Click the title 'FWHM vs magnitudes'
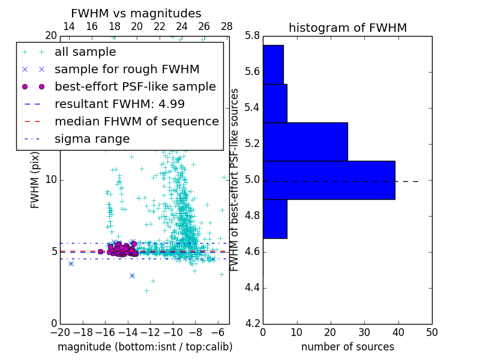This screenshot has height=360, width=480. [x=136, y=13]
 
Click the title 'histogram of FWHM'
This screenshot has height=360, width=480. [x=347, y=28]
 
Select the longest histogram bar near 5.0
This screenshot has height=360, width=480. [x=329, y=180]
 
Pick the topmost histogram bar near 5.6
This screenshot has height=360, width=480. [x=273, y=65]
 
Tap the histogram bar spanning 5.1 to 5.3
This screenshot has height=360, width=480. [x=305, y=142]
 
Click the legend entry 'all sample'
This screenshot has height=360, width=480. [x=85, y=52]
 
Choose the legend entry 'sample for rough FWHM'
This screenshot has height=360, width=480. [x=127, y=70]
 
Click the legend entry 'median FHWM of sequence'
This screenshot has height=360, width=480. [x=136, y=122]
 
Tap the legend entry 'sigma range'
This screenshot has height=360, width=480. [x=92, y=139]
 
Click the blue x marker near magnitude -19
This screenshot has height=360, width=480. [x=71, y=263]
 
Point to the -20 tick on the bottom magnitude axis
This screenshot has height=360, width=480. [x=60, y=332]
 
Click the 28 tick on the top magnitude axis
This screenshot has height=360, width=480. [x=227, y=27]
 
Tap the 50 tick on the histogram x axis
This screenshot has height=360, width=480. [x=431, y=332]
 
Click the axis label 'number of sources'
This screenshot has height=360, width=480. [x=347, y=347]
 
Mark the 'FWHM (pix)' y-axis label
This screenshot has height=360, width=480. [x=35, y=179]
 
